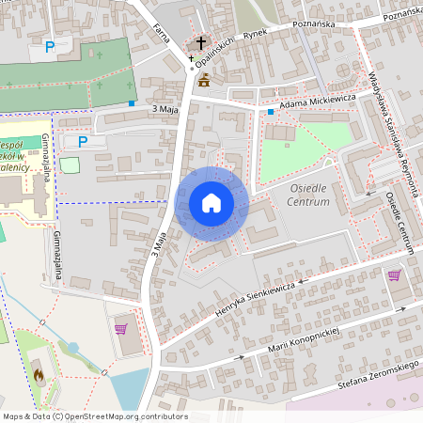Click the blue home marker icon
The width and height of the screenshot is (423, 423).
point(211,202)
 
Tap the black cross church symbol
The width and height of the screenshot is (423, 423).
point(200,43)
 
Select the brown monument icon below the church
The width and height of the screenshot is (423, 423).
point(204,80)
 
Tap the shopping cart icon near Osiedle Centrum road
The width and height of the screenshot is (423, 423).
point(394,275)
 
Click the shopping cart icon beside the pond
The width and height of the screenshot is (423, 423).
point(120,328)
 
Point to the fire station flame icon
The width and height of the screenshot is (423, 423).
point(38,374)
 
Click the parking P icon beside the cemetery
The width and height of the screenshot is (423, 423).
point(50,45)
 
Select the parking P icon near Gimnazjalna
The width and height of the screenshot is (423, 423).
point(83,142)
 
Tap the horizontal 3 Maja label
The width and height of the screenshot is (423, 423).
point(165,110)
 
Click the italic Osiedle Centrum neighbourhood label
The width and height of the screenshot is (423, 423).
point(305,195)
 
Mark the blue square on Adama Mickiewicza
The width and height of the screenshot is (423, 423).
point(270,112)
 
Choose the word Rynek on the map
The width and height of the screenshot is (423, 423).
point(255,34)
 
